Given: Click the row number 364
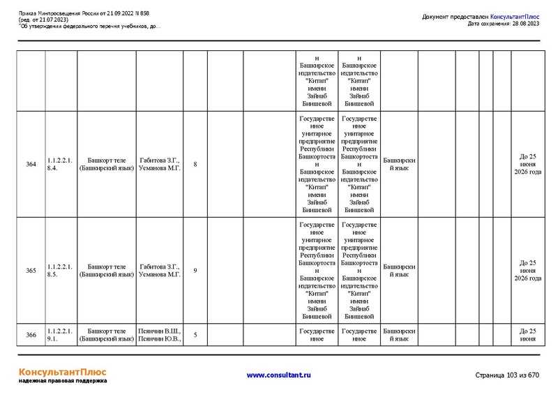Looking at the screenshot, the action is point(31,165).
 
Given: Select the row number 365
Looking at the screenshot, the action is point(31,270).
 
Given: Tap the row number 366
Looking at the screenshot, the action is point(31,335).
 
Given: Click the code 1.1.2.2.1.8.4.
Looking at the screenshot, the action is point(59,165).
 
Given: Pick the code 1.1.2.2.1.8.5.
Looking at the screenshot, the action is point(59,270).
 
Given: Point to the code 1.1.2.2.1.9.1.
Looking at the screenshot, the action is point(59,335).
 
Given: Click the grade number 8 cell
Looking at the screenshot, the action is point(195,165).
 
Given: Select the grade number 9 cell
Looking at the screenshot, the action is point(195,270).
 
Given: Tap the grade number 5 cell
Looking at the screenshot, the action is point(195,335).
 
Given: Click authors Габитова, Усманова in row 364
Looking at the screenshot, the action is point(160,165).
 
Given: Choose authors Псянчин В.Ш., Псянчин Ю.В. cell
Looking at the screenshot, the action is point(160,335).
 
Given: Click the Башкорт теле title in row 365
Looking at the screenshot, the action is point(106,270).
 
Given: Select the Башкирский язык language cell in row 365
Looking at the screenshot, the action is point(399,270).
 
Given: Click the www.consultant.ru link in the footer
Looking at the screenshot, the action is point(279,375).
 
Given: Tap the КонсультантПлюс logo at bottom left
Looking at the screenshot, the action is point(62,373).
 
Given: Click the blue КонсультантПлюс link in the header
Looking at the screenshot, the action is point(515,16).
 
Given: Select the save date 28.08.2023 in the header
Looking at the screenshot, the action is point(524,24).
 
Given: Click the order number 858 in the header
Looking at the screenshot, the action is point(144,13).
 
